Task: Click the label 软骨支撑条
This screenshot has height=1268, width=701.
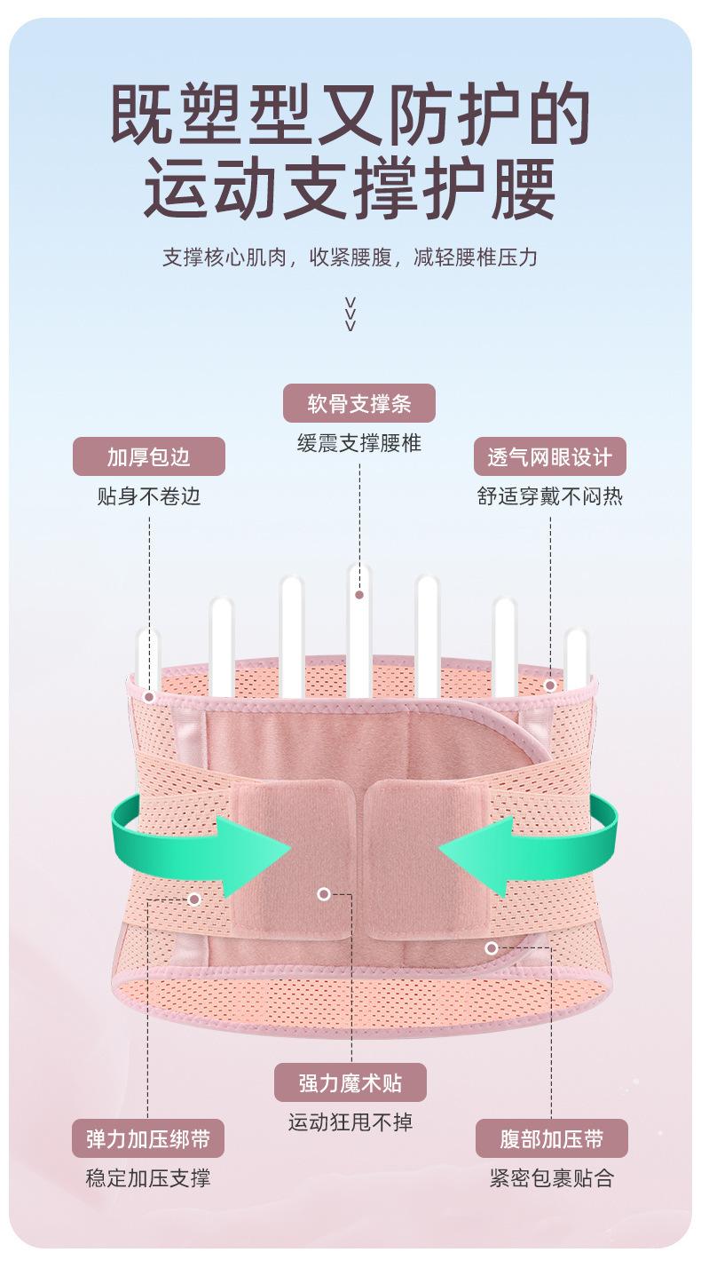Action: [x=358, y=403]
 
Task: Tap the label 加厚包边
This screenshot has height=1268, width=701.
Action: [x=148, y=456]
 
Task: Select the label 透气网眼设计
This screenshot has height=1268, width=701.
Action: [x=549, y=456]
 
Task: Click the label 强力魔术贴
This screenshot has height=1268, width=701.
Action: [x=350, y=1082]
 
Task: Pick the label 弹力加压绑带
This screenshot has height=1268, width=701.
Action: [x=147, y=1138]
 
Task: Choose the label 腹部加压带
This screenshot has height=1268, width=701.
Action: [x=551, y=1138]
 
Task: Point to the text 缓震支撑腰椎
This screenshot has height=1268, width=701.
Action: [x=358, y=443]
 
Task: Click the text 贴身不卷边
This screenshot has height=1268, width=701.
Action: [x=148, y=495]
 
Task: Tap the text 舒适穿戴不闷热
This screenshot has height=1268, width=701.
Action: [x=549, y=495]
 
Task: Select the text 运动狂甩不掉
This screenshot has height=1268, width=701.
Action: [x=350, y=1122]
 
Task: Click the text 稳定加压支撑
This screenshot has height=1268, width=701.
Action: [x=147, y=1178]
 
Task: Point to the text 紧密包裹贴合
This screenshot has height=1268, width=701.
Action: [x=551, y=1178]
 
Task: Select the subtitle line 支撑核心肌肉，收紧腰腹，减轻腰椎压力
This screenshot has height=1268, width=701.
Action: [x=350, y=258]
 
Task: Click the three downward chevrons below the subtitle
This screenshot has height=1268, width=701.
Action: [x=350, y=313]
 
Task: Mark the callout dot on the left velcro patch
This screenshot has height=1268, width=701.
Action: [x=324, y=894]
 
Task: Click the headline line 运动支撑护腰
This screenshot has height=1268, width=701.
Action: [x=350, y=188]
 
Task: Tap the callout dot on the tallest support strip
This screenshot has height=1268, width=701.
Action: [x=359, y=594]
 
